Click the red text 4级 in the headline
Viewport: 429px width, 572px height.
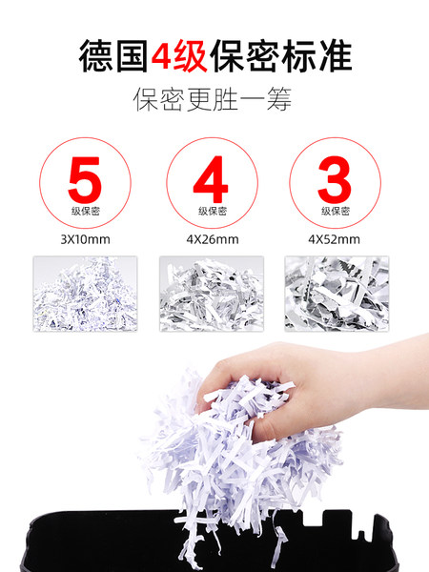pos(179,56)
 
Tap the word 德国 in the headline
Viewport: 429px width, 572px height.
pos(113,56)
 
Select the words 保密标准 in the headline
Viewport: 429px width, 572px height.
pos(281,56)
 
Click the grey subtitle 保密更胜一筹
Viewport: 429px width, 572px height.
pos(213,99)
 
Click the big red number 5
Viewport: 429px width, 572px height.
pos(85,180)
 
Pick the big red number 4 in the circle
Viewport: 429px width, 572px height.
pos(211,179)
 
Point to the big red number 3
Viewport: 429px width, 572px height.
pos(335,179)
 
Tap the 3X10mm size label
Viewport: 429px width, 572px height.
pos(86,239)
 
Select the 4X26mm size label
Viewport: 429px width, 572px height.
pos(213,239)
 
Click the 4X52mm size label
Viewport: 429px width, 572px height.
pos(335,239)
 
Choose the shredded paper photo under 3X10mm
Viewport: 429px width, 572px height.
pos(86,294)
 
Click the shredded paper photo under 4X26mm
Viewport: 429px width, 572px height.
pos(212,294)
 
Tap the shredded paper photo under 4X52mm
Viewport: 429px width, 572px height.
pos(337,294)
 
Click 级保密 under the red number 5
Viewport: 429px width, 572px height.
pos(86,212)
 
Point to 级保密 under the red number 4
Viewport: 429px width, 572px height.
pos(213,212)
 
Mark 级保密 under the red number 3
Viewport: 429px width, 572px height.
pos(336,212)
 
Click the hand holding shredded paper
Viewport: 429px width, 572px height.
pos(292,387)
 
